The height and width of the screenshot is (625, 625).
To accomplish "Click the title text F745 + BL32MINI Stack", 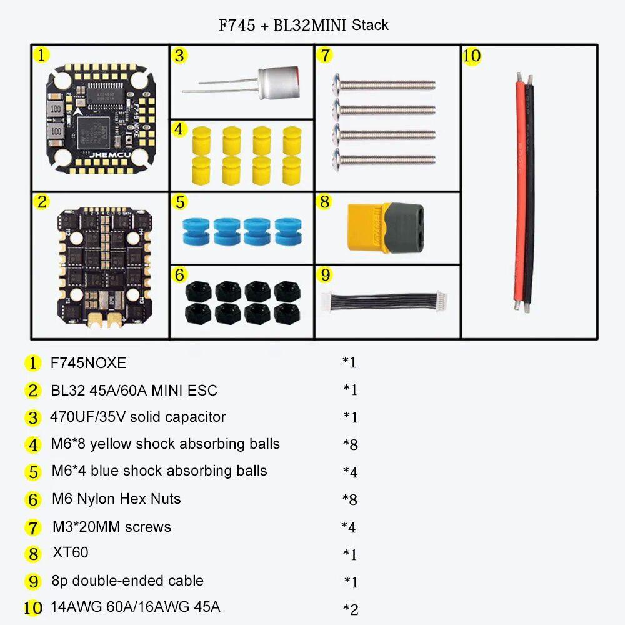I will pos(303,26).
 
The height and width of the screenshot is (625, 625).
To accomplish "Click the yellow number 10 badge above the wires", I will pos(472,56).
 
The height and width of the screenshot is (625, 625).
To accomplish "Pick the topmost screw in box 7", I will pos(385,83).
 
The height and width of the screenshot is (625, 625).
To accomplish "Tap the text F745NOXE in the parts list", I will pos(88,362).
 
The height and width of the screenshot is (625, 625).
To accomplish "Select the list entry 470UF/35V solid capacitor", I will pos(138,417).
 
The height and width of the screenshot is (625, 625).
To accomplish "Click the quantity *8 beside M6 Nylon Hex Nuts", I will pos(350,499).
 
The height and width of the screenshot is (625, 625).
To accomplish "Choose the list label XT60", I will pos(70,552).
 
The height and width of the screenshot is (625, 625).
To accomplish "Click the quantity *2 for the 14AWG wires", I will pos(351,609).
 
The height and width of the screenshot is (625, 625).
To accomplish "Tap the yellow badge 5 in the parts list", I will pos(33,472).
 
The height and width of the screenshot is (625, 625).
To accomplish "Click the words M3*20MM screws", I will pos(112,526).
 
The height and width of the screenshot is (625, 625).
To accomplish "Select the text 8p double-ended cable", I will pos(127,581).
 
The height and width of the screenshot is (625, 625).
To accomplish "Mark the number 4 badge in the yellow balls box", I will pos(179,129).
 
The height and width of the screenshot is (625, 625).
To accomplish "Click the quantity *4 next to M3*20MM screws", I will pos(349,527).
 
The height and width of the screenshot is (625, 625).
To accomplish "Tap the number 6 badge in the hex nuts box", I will pos(179,274).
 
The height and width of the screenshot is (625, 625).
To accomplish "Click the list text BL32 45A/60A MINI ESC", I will pos(134,391).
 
